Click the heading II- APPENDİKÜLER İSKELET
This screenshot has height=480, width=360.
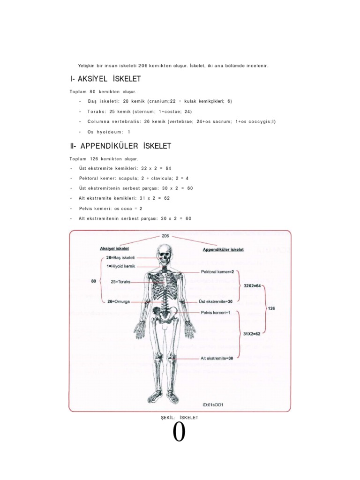coord(120,146)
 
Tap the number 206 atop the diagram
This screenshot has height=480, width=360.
coord(165,236)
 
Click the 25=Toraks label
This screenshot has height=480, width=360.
coord(120,282)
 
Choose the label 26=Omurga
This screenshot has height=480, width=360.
coord(119,302)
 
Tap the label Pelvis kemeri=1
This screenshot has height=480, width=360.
coord(216,313)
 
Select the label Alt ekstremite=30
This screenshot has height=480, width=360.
coord(217,358)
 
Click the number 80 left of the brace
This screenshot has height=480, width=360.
coord(94,281)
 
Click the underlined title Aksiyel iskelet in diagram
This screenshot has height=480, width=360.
coord(114,248)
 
